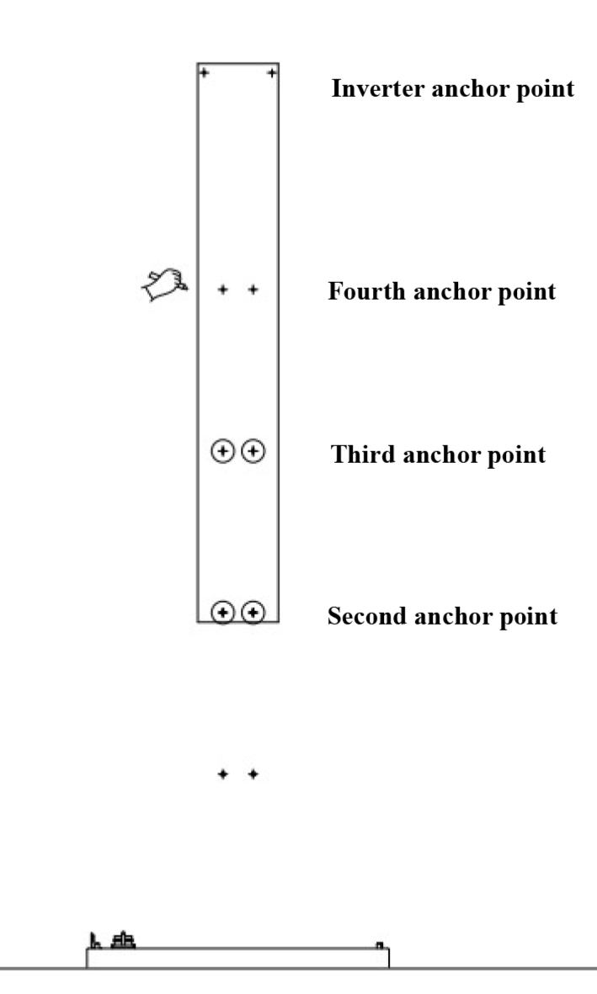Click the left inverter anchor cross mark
pos(203,73)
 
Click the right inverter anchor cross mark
pos(271,73)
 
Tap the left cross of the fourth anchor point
pos(223,290)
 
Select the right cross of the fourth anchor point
pos(253,290)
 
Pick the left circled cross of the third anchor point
pos(221,452)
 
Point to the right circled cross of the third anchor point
pos(253,452)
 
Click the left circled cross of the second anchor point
pos(221,612)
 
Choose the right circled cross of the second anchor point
pos(253,612)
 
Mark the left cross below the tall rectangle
pos(223,773)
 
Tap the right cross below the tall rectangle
pos(253,773)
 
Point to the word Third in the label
pos(358,455)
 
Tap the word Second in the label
pos(363,617)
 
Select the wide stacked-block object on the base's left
pos(125,939)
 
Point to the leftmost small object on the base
pos(94,939)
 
